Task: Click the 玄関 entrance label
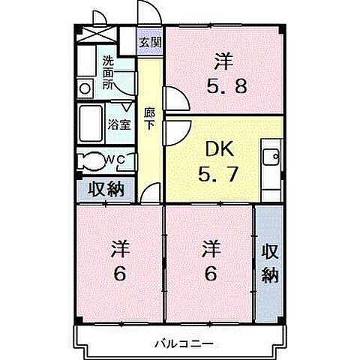tap(150, 43)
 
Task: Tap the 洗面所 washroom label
tap(109, 73)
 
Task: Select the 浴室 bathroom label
tap(119, 125)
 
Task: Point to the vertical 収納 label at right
tap(270, 262)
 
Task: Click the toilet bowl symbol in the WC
tap(93, 160)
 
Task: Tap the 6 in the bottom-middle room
tap(210, 274)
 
